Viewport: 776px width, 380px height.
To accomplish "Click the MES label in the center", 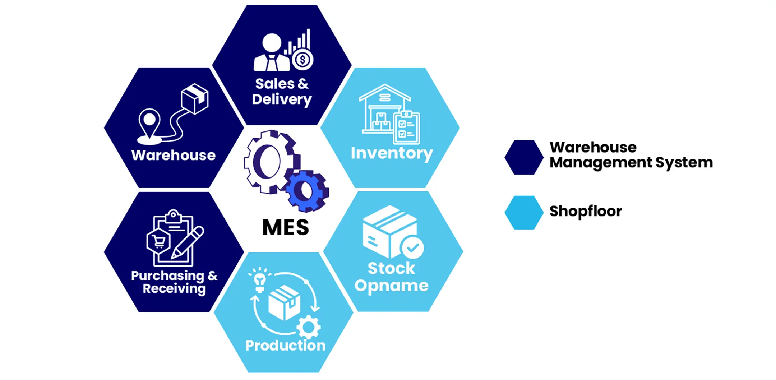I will coord(286,227).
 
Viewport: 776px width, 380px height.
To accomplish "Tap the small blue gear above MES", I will coord(308,191).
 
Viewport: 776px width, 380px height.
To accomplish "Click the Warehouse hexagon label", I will coord(174,155).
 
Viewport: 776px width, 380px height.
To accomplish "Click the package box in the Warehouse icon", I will coord(195,98).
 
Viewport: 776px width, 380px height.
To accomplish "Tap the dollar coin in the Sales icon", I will coord(302,60).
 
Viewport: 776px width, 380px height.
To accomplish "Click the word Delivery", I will coord(282,99).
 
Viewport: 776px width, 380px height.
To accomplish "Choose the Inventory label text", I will coord(392,153).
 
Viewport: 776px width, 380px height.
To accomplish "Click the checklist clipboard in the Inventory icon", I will coord(407,128).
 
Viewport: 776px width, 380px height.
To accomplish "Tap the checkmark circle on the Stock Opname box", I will coord(412,247).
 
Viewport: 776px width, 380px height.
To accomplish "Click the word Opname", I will coord(391,286).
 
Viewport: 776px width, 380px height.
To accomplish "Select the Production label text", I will coord(286,345).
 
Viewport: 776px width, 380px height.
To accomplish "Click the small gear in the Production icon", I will coord(308,327).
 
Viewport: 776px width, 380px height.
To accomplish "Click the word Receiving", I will coord(174,288).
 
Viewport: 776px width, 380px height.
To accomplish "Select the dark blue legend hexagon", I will coord(524,157).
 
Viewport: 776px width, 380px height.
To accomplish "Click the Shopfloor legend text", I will coord(586,211).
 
